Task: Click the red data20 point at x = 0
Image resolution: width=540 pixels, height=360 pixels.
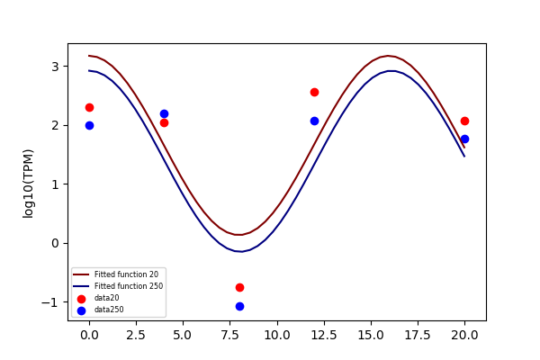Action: pyautogui.click(x=89, y=107)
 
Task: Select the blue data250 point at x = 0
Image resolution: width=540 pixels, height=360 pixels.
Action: pyautogui.click(x=89, y=125)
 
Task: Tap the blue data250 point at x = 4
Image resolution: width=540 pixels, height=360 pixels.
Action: pyautogui.click(x=165, y=113)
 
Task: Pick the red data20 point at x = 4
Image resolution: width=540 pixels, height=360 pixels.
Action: pyautogui.click(x=165, y=122)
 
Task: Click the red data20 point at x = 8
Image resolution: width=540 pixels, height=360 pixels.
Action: pyautogui.click(x=239, y=287)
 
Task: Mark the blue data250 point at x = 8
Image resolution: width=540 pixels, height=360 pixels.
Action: pyautogui.click(x=239, y=306)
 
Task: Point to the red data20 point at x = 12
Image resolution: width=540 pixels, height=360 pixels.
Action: pyautogui.click(x=314, y=92)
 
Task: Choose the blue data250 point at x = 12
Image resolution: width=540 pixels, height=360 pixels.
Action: pyautogui.click(x=314, y=121)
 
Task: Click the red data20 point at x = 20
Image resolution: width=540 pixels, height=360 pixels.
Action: pyautogui.click(x=464, y=121)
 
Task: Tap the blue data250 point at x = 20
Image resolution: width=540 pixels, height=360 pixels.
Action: pyautogui.click(x=464, y=139)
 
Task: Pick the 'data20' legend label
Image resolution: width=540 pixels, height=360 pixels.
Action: pyautogui.click(x=107, y=298)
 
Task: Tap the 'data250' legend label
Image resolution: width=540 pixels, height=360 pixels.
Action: pyautogui.click(x=109, y=310)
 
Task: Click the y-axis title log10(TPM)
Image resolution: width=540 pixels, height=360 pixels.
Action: pyautogui.click(x=28, y=184)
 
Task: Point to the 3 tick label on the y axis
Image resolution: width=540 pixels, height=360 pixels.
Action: pyautogui.click(x=55, y=67)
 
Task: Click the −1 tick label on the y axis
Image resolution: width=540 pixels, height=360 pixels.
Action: pyautogui.click(x=49, y=302)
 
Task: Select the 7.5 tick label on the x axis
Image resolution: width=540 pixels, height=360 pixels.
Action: pyautogui.click(x=229, y=335)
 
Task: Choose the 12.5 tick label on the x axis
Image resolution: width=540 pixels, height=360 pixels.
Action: pyautogui.click(x=324, y=335)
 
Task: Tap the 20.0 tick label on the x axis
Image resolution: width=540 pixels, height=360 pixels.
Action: pyautogui.click(x=464, y=335)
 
